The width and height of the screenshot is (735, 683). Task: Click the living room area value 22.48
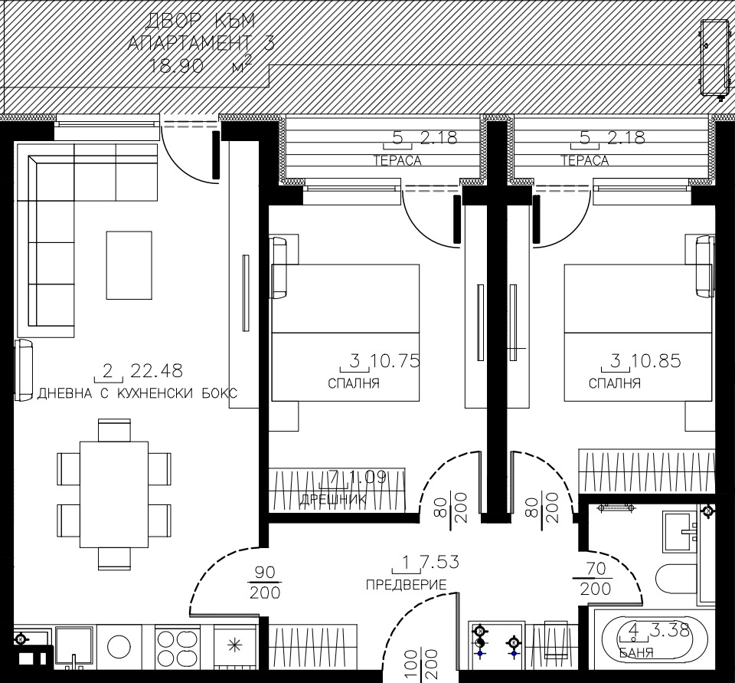(x=157, y=371)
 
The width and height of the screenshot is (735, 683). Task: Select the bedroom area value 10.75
(x=395, y=361)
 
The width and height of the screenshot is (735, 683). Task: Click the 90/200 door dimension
(x=264, y=583)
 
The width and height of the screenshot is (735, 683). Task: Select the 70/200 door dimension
(x=595, y=579)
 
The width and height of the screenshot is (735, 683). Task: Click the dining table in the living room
(x=113, y=494)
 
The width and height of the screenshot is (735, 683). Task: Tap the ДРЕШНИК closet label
(x=333, y=499)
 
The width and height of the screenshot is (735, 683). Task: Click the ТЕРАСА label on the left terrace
(x=397, y=160)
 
